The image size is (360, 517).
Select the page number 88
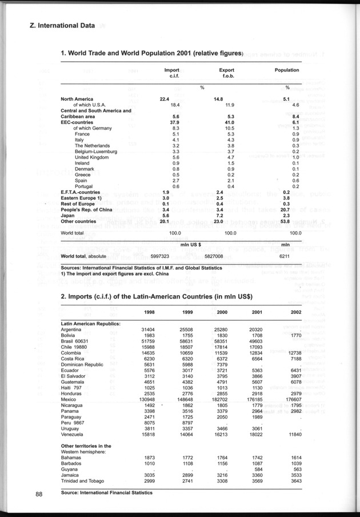[x=39, y=495]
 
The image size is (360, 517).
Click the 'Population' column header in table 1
[x=287, y=70]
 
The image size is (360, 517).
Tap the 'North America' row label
[x=78, y=99]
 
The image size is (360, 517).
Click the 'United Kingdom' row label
[x=91, y=157]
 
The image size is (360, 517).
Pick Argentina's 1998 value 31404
[x=148, y=329]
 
